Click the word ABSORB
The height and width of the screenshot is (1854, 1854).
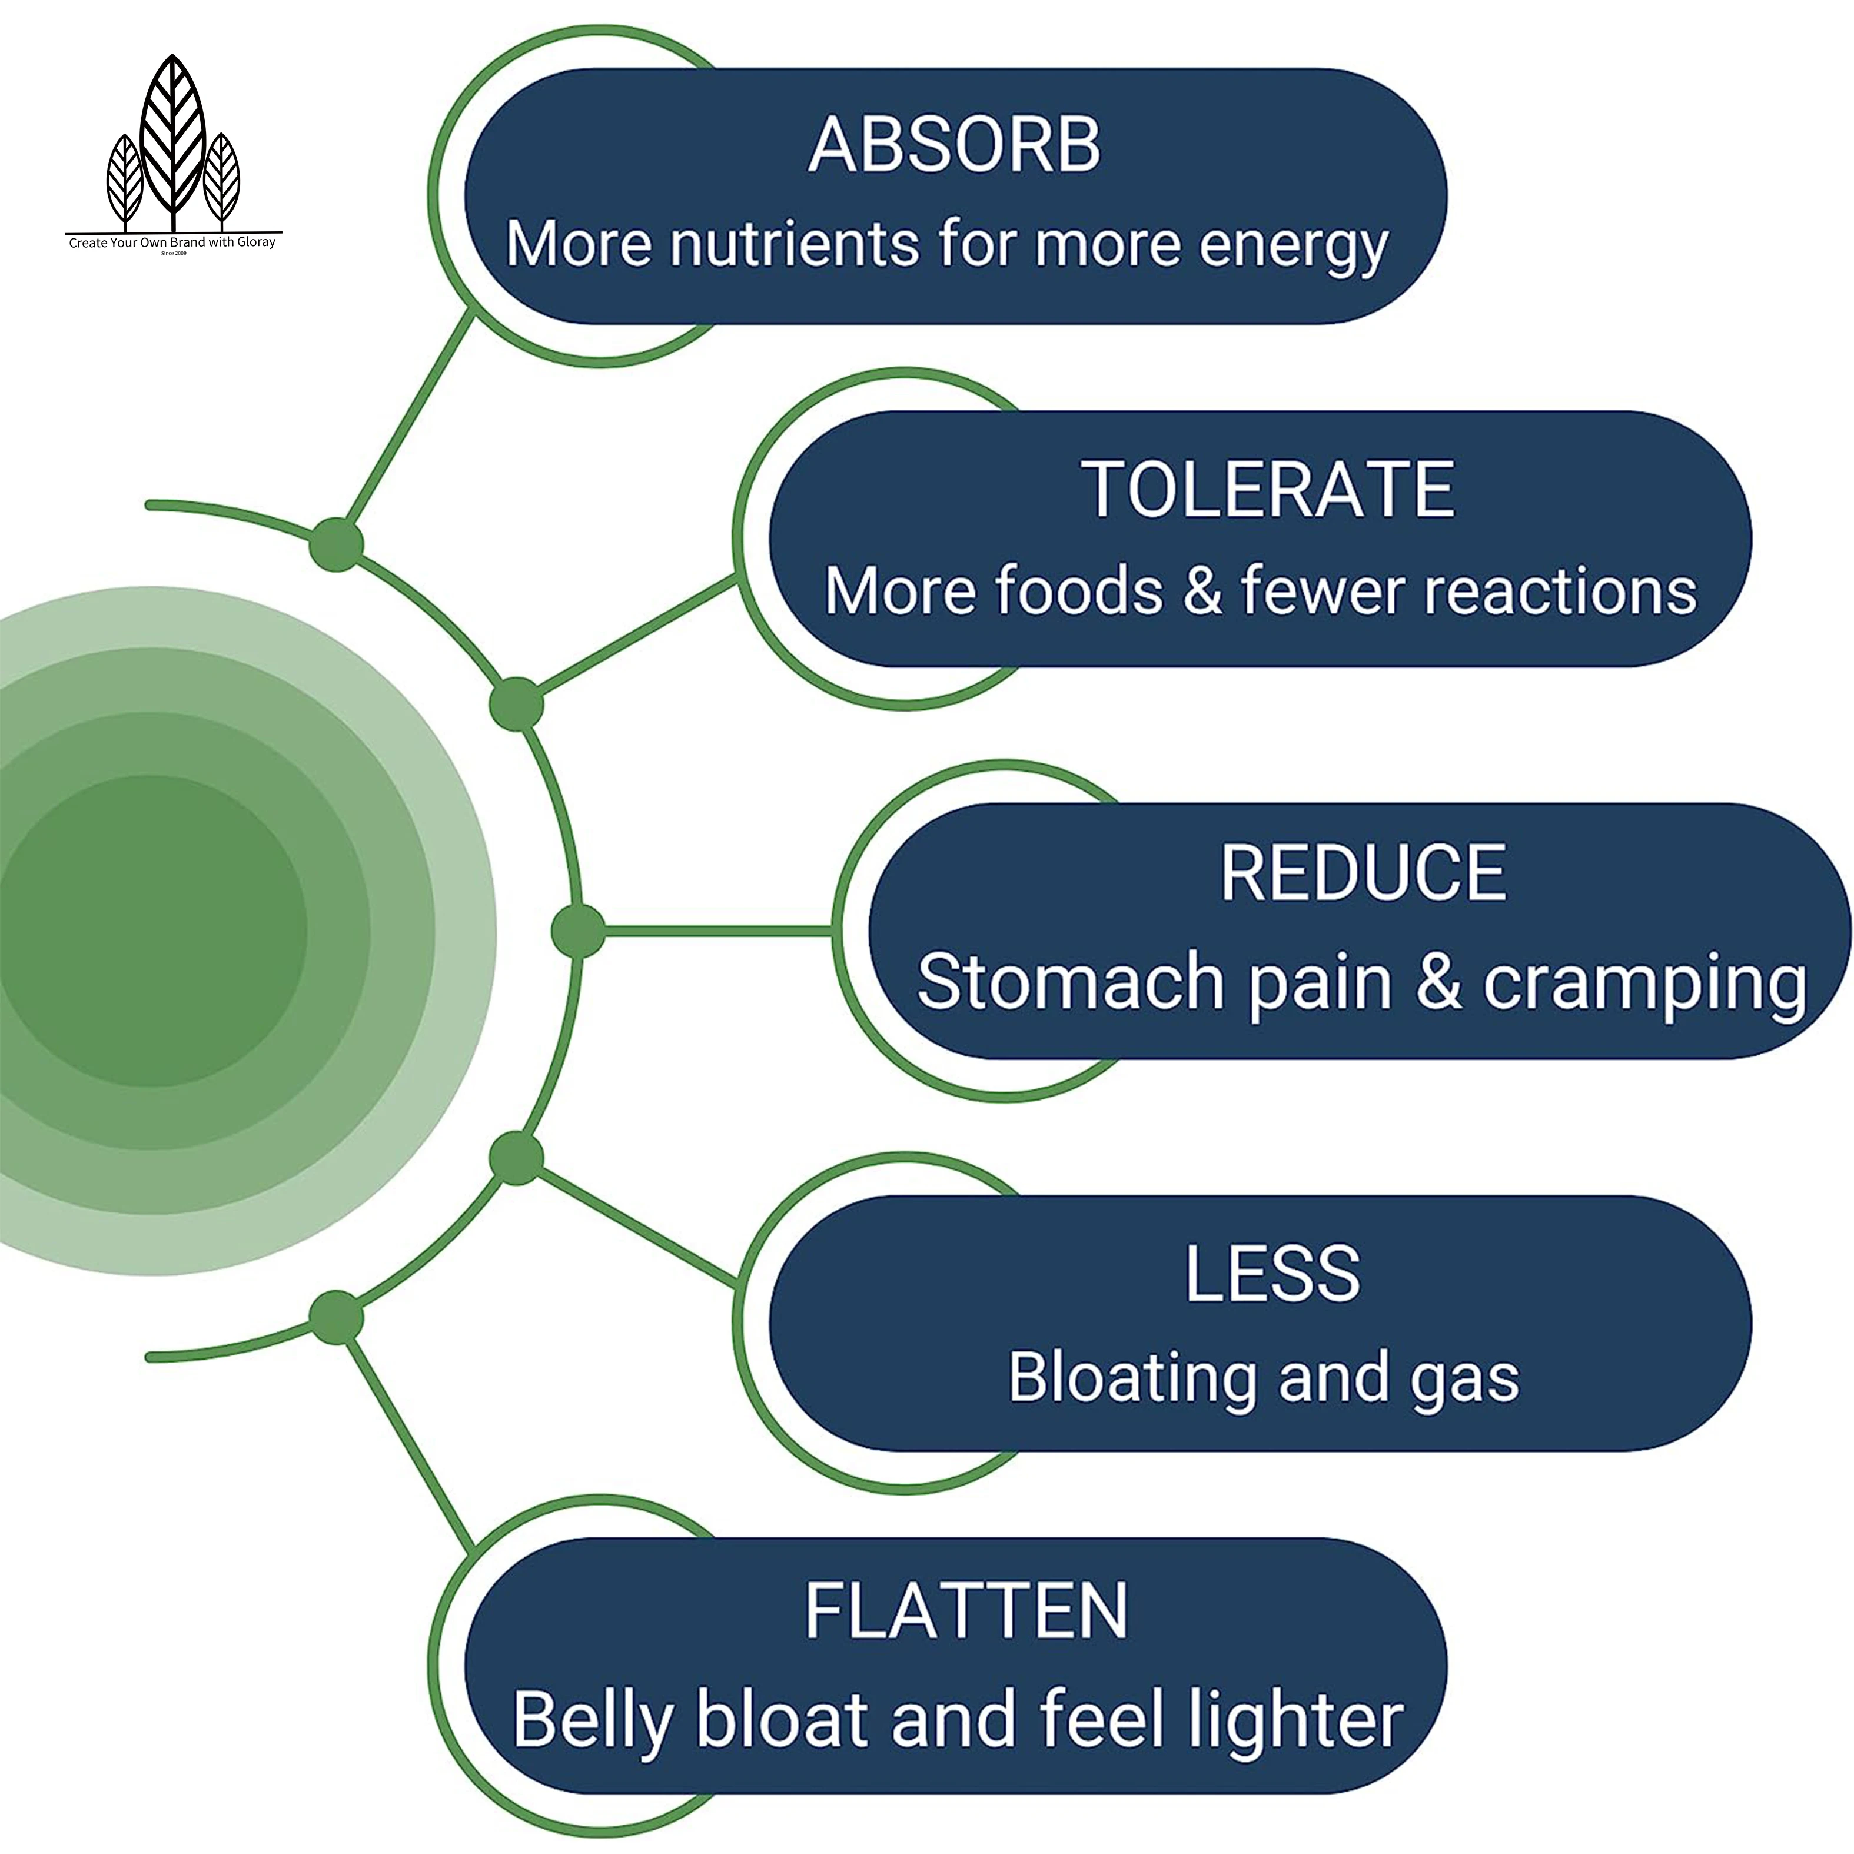click(x=954, y=146)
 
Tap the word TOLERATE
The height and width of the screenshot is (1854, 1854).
click(x=1268, y=490)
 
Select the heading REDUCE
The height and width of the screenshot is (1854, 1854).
click(x=1363, y=873)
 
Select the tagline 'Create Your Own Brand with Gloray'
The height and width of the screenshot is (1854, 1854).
click(x=172, y=242)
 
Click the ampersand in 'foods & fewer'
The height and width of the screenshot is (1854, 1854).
click(x=1202, y=590)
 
